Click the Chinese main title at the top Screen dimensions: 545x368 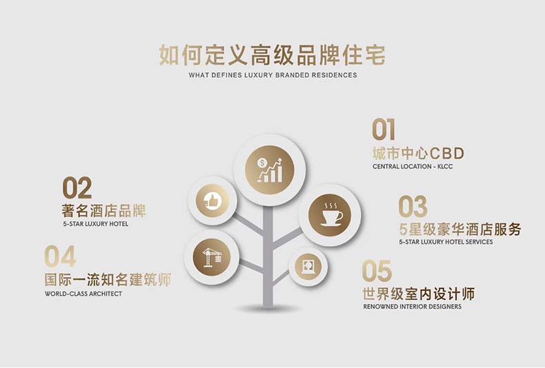272,55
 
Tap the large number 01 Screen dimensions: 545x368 384,130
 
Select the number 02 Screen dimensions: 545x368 77,188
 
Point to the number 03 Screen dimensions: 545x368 413,207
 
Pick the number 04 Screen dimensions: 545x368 60,256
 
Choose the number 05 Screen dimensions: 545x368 377,271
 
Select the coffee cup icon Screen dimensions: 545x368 330,215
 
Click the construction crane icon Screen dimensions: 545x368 212,257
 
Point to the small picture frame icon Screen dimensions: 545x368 308,267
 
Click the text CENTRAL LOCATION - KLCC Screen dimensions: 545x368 413,167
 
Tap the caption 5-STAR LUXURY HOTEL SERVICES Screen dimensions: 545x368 446,242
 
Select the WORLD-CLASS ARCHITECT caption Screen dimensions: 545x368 83,294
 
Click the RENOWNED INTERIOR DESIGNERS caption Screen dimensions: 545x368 413,307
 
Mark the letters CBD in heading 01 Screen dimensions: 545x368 446,153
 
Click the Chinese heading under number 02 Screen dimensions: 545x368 104,211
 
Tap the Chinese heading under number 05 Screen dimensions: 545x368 419,294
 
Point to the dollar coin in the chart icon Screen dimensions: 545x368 262,163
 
